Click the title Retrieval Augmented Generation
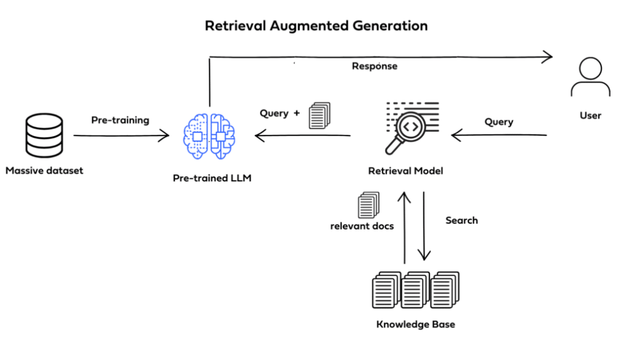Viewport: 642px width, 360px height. click(x=317, y=26)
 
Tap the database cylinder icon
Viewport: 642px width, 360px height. click(x=44, y=135)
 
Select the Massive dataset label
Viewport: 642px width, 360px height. click(x=45, y=170)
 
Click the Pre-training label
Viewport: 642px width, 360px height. click(x=120, y=120)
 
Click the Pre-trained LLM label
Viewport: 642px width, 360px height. click(x=211, y=178)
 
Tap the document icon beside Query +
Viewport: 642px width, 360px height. click(x=319, y=116)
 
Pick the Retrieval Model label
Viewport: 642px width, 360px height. click(x=405, y=171)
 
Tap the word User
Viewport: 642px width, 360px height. click(x=590, y=115)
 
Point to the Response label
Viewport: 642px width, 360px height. click(x=374, y=66)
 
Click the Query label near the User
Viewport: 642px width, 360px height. click(x=498, y=122)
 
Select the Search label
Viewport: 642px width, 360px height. click(x=461, y=220)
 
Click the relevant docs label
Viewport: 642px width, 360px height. click(x=362, y=226)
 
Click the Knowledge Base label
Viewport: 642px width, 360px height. click(x=416, y=324)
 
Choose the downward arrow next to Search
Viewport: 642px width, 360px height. click(x=424, y=226)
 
